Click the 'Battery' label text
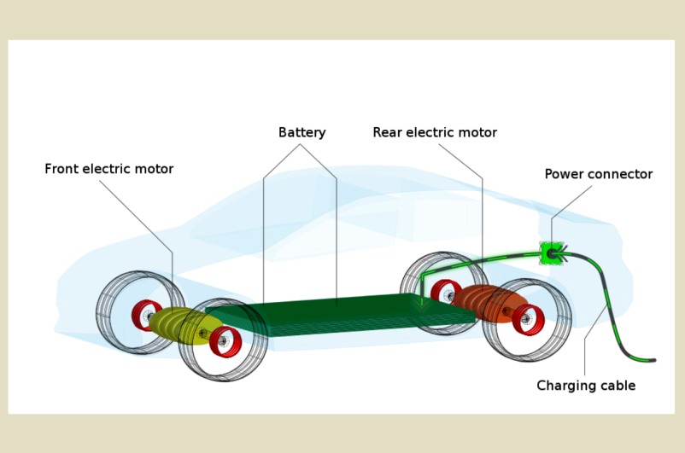click(x=302, y=133)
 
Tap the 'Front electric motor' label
click(x=108, y=170)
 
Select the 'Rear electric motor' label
click(x=434, y=133)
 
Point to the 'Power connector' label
click(x=598, y=175)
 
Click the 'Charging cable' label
click(x=585, y=386)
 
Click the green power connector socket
click(x=552, y=253)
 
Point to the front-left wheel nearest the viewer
click(x=223, y=340)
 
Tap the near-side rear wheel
click(x=527, y=319)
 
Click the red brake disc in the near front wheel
click(x=227, y=342)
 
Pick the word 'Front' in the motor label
click(x=62, y=170)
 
